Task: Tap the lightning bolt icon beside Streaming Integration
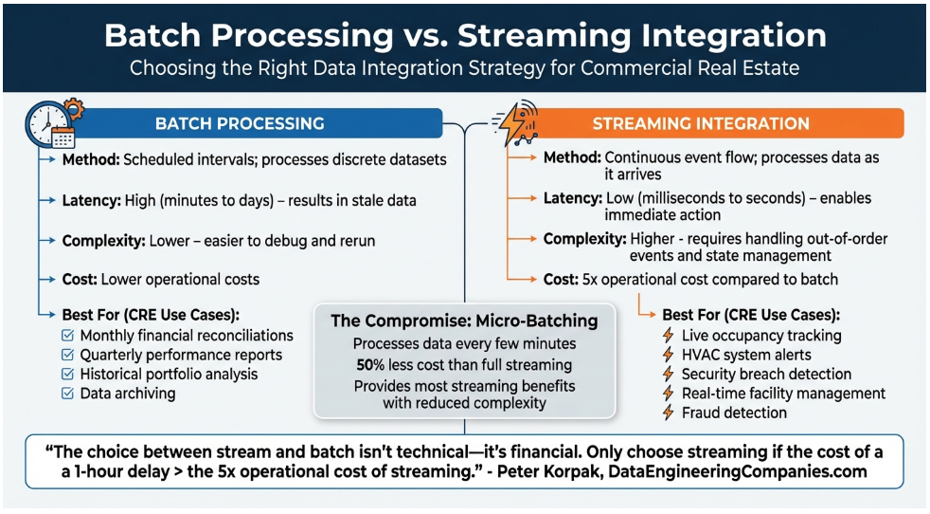[515, 122]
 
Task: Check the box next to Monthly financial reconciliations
[67, 336]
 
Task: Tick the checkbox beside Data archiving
[67, 393]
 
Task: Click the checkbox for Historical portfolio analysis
[67, 374]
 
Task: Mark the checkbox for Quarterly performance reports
[67, 355]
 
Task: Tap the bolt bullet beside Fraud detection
[669, 413]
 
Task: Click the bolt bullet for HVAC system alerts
[669, 355]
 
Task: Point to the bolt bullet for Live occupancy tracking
[669, 336]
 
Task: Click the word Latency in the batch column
[91, 200]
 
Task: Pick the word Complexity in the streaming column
[582, 239]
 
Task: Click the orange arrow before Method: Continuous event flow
[524, 157]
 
